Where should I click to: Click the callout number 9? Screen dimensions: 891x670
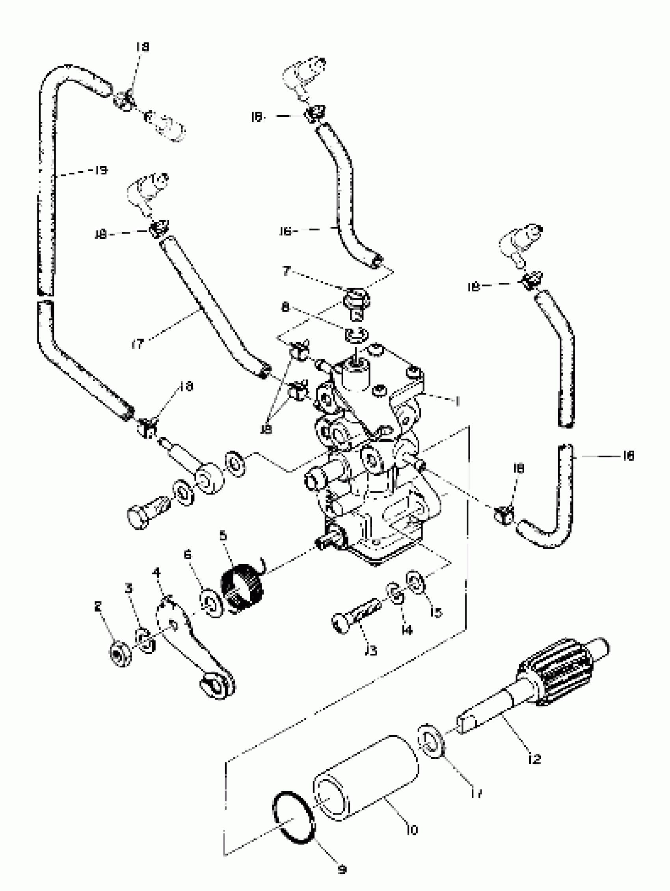pos(342,870)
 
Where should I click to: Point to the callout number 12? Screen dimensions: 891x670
pos(535,759)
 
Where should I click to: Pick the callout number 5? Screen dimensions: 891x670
pos(223,536)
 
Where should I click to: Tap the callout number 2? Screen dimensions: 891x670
pos(98,606)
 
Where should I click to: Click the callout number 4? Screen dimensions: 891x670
pos(156,573)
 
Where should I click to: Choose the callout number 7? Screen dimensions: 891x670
pos(286,271)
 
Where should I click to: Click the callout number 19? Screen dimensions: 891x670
pos(101,170)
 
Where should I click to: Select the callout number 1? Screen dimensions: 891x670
pos(457,402)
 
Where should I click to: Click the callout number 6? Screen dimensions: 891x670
pos(188,555)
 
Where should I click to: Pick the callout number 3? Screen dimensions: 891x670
pos(128,588)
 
